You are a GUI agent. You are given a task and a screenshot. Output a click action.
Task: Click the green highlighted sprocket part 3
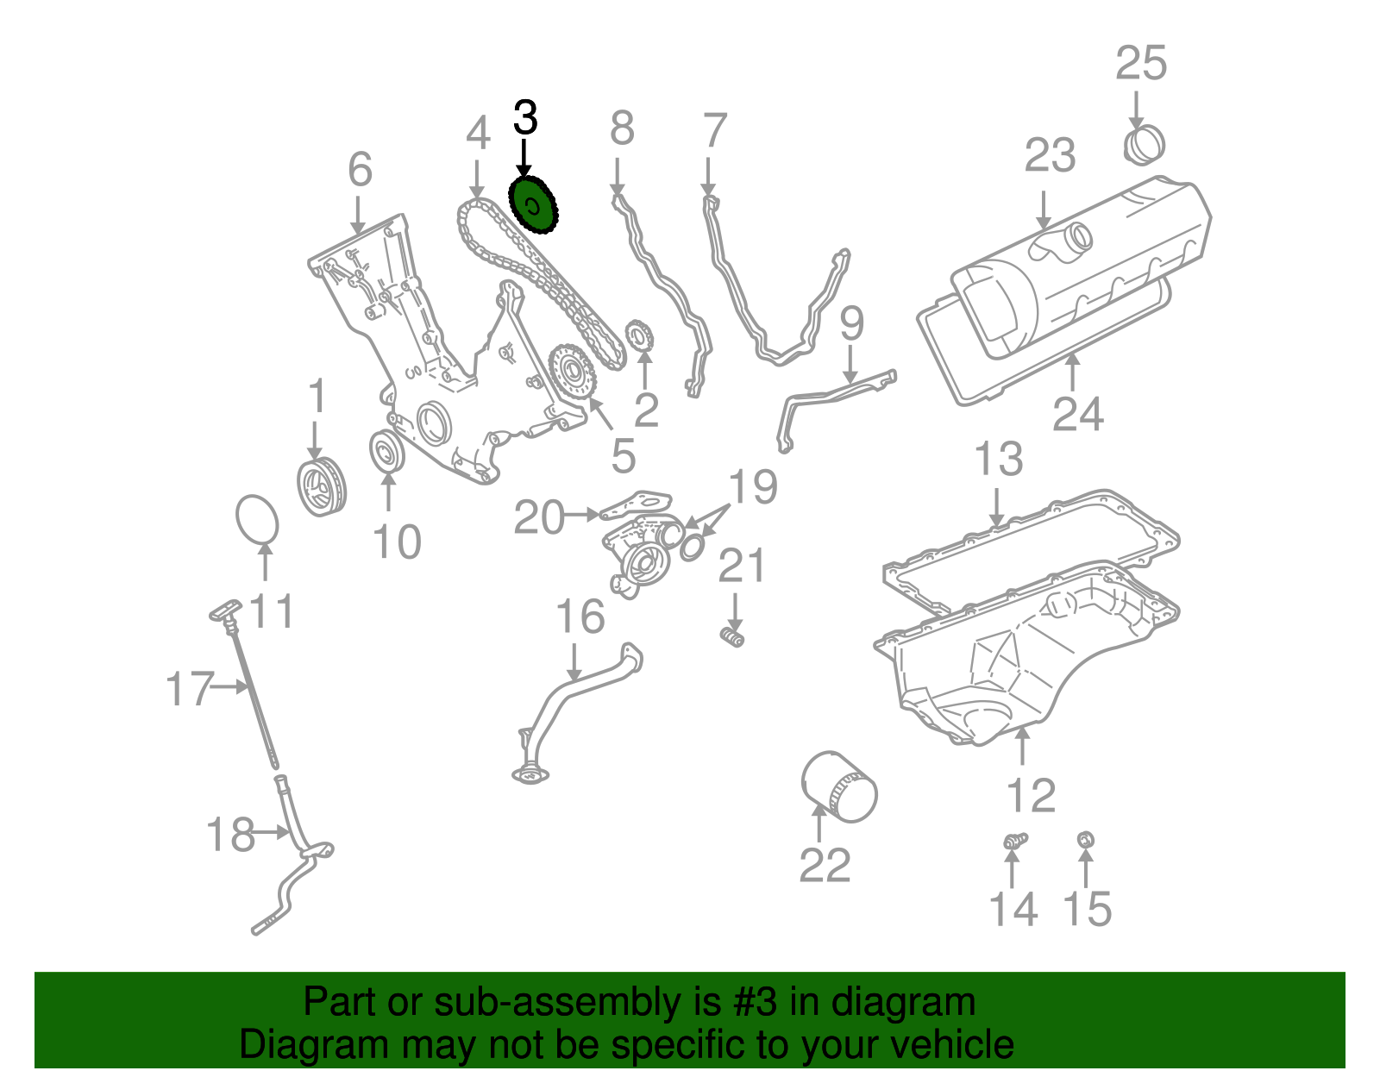534,206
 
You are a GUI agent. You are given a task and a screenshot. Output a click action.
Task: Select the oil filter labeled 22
839,786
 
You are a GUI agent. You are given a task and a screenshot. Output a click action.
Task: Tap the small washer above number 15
1087,839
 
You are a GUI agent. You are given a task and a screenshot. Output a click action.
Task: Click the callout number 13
998,459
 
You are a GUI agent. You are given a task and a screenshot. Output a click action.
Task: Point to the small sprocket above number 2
640,334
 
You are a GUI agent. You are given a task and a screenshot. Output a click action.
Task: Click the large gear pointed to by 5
572,372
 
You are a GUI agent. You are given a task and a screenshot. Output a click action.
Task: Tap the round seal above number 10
386,452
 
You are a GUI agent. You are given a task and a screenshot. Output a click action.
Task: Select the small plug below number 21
732,638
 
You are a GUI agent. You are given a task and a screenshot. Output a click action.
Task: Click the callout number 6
360,169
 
